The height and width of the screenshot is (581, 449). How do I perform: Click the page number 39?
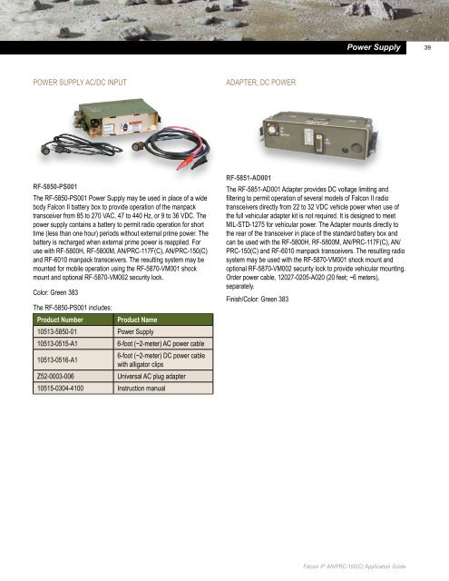coord(429,45)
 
